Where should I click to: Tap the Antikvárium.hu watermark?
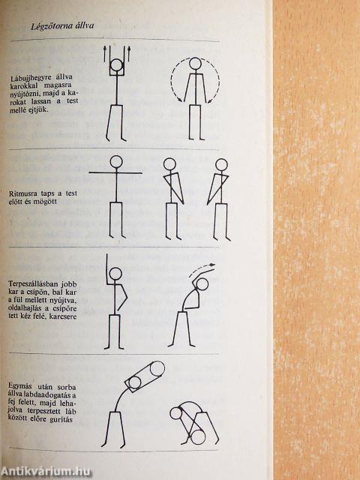[46, 472]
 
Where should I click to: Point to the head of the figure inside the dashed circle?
[195, 63]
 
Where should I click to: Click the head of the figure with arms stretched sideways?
[116, 162]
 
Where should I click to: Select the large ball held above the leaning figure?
[157, 368]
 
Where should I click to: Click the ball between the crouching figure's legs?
[198, 437]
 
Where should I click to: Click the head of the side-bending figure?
[202, 284]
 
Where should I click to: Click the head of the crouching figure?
[176, 413]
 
